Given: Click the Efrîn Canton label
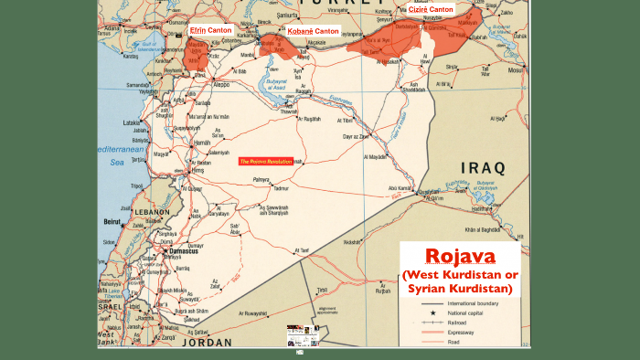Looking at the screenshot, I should click(209, 30).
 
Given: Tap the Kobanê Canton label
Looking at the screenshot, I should click(314, 31).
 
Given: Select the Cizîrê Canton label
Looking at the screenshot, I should click(430, 9).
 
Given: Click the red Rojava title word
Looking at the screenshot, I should click(460, 256).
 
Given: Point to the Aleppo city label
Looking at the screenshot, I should click(220, 84).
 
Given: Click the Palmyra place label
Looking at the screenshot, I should click(261, 179).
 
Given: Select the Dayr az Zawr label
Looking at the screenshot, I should click(356, 136).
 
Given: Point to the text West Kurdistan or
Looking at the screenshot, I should click(460, 276).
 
